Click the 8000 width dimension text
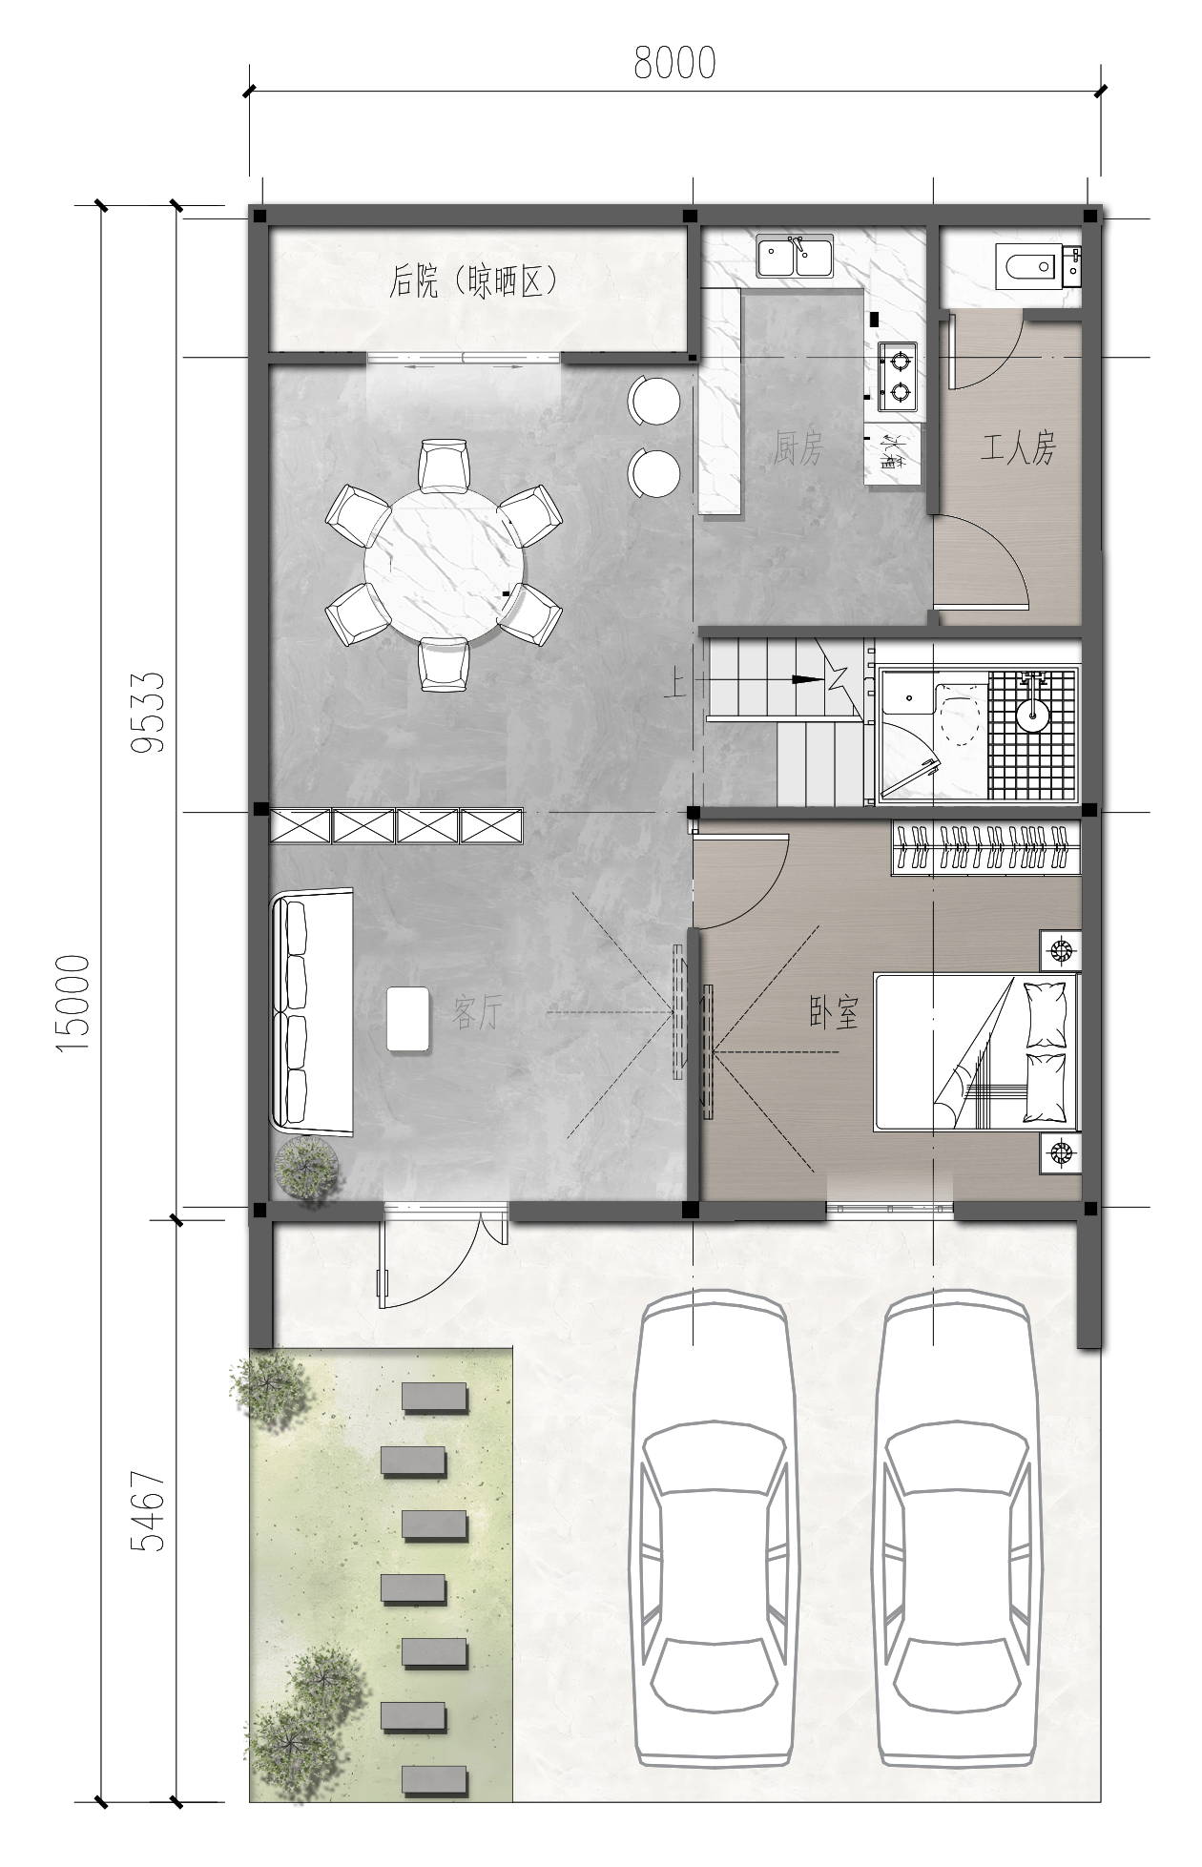674,63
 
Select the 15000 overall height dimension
73,1002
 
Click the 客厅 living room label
475,1013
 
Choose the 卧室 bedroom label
834,1013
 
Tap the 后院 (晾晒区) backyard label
473,281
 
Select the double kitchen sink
795,257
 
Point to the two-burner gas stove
898,377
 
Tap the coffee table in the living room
408,1019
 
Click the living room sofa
312,1011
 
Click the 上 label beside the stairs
675,683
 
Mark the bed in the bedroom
977,1051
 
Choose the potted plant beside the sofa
307,1166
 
